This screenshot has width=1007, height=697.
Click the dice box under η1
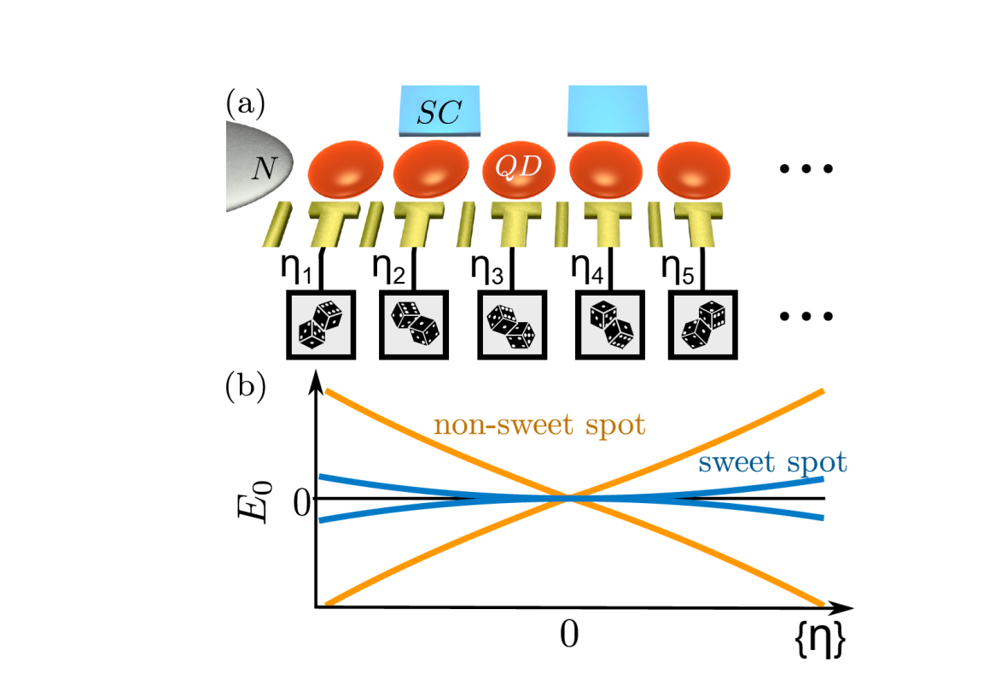click(x=319, y=325)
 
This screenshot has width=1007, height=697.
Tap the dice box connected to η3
click(x=511, y=325)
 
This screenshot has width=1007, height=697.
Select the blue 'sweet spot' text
click(x=771, y=462)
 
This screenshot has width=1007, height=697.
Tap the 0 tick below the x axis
click(x=568, y=635)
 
